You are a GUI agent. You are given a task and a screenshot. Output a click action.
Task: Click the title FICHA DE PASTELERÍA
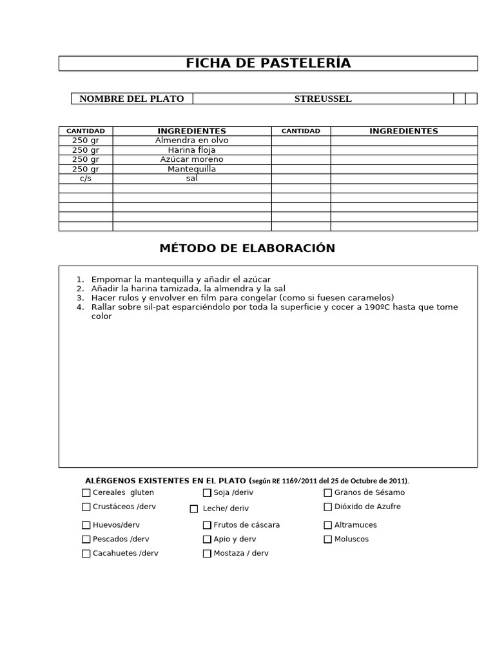tap(268, 63)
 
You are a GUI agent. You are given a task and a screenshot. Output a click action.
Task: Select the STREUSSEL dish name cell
tap(323, 99)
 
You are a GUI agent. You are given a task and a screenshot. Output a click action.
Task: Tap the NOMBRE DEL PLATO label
tap(131, 99)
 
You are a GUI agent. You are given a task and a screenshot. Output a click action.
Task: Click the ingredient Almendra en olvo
tap(191, 141)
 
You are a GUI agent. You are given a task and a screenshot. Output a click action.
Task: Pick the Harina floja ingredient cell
tap(191, 150)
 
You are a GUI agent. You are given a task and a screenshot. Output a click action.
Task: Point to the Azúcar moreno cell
tap(191, 159)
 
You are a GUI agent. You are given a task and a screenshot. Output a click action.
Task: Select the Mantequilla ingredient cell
tap(191, 169)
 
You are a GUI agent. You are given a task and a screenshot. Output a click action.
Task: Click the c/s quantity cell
tap(86, 179)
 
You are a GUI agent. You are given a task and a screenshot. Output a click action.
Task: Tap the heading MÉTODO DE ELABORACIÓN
tap(247, 249)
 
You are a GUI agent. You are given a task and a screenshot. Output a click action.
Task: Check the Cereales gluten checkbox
tap(86, 493)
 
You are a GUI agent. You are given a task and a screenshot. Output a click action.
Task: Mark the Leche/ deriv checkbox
tap(194, 509)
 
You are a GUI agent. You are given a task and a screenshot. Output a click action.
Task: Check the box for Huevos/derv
tap(86, 525)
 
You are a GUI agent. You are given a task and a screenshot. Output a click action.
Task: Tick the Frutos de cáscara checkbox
tap(207, 525)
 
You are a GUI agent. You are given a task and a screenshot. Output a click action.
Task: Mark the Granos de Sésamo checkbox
tap(328, 493)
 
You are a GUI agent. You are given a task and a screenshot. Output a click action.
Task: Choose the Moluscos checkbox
tap(328, 539)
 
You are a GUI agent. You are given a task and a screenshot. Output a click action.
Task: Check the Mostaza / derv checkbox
tap(207, 554)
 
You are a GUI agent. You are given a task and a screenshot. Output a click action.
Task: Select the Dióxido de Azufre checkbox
tap(328, 507)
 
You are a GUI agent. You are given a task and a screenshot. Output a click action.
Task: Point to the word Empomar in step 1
tap(111, 280)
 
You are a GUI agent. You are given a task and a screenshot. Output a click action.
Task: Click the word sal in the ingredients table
tap(191, 179)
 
